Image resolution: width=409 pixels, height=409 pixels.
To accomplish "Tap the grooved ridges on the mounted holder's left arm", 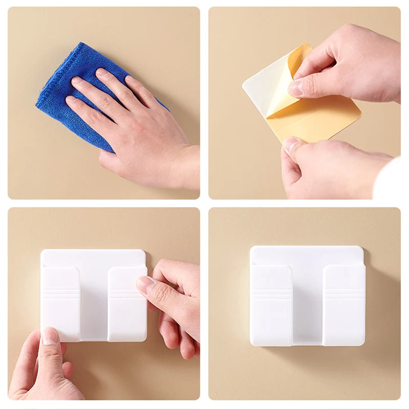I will point(270,294).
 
